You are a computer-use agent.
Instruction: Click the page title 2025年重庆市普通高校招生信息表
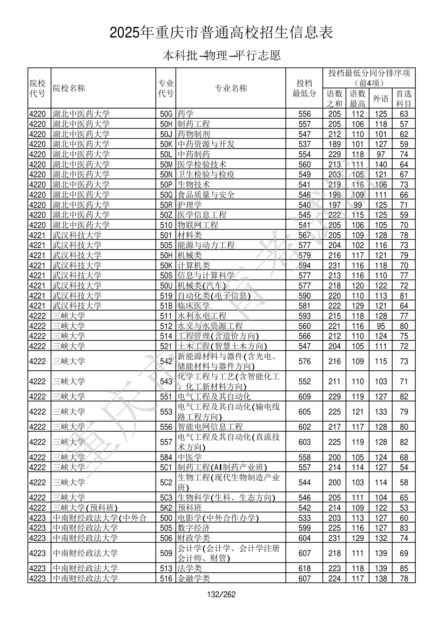click(221, 33)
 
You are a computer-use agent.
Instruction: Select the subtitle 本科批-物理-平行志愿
click(221, 55)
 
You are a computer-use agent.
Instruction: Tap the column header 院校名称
click(69, 88)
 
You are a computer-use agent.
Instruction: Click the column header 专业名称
click(231, 88)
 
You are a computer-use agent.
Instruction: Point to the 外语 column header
click(380, 99)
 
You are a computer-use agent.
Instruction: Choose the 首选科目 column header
click(404, 99)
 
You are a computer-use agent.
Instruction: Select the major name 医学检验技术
click(202, 164)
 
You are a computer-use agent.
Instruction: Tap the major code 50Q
click(166, 195)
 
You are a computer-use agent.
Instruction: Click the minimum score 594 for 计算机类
click(304, 265)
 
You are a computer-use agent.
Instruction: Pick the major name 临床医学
click(194, 306)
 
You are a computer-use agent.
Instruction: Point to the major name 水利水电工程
click(202, 316)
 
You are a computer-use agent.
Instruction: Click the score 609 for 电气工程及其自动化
click(304, 396)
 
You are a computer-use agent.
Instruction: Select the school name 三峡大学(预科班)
click(85, 508)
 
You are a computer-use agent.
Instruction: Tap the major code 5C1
click(166, 467)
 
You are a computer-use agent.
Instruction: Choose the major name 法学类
click(190, 568)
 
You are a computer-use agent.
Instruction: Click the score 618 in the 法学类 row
click(304, 568)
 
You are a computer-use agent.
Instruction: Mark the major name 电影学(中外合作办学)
click(218, 518)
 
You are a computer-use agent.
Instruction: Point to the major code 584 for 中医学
click(166, 457)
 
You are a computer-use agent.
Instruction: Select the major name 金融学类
click(194, 578)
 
